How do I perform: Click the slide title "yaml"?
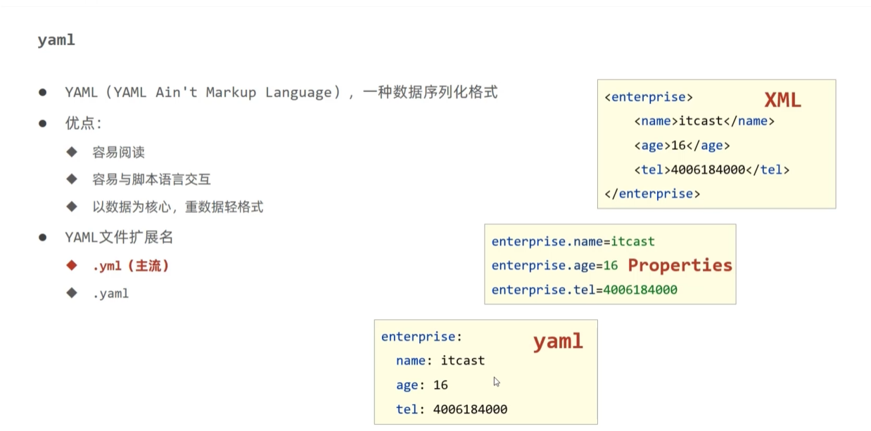click(56, 41)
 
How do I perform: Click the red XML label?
click(782, 101)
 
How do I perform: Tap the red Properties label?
click(680, 265)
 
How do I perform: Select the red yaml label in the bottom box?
click(558, 342)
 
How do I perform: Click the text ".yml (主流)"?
click(131, 266)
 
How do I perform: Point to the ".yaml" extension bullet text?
click(110, 293)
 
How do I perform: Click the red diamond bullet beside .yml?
click(71, 266)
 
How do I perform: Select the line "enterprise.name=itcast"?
click(573, 242)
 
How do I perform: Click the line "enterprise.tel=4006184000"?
click(584, 290)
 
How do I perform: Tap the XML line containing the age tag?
click(682, 146)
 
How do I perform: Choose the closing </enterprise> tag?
click(652, 193)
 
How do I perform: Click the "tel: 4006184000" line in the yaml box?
click(451, 409)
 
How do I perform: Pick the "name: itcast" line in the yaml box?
click(440, 361)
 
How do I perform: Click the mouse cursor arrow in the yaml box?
click(497, 382)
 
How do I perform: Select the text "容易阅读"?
click(118, 153)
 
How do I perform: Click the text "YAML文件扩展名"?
click(119, 238)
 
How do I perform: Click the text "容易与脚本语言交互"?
click(151, 179)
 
